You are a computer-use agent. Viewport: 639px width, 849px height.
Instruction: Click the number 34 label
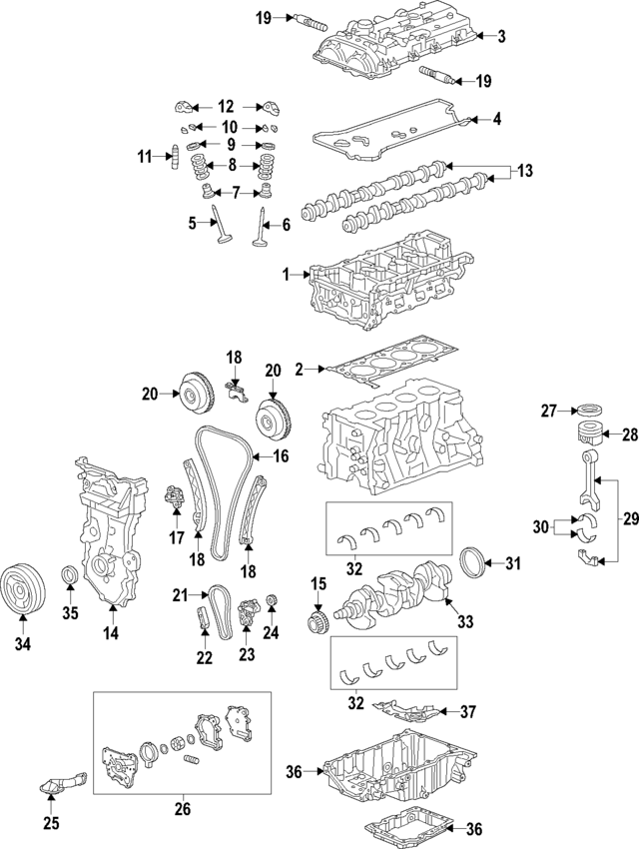tap(22, 644)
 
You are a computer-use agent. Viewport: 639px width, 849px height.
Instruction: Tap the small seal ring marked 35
tap(69, 577)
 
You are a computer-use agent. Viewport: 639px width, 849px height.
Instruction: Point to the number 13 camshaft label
tap(525, 172)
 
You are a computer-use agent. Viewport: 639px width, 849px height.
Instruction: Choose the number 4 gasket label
tap(498, 120)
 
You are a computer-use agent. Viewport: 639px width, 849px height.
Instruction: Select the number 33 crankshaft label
tap(464, 621)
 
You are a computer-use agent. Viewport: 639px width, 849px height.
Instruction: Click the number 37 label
tap(468, 712)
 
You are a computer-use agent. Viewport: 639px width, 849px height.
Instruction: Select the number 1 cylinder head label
tap(287, 274)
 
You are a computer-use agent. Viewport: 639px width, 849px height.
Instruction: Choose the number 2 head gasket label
tap(299, 371)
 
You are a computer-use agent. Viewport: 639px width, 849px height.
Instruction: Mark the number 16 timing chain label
tap(282, 456)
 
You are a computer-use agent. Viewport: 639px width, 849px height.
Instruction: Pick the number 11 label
tap(146, 156)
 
